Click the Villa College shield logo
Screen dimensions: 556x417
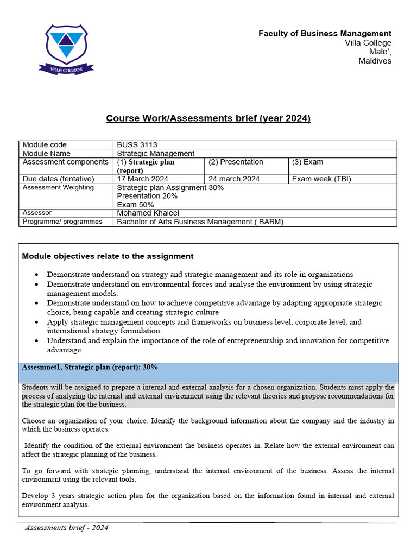pos(66,48)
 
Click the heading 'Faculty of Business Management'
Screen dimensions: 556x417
pos(325,34)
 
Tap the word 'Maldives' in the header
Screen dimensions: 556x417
pos(375,61)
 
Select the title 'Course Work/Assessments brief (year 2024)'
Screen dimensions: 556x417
pos(208,118)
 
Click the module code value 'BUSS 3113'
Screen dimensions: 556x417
pos(137,144)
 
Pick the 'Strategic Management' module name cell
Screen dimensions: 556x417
pos(155,153)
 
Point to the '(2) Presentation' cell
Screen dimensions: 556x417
pos(236,162)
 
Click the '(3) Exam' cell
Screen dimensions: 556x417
pos(307,162)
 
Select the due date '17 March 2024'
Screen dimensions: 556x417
pos(143,179)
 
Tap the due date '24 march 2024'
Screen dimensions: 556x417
pos(234,179)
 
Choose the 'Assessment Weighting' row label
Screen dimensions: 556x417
pos(58,187)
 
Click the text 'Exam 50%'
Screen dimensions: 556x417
pos(135,205)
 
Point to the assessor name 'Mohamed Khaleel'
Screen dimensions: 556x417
pos(148,213)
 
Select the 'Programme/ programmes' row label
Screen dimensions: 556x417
pos(62,222)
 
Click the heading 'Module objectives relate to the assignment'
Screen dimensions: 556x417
pos(108,256)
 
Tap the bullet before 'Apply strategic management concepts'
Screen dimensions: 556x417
pos(36,323)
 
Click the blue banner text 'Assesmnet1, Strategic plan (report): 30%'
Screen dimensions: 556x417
pos(90,367)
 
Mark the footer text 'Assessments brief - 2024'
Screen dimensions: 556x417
pos(67,528)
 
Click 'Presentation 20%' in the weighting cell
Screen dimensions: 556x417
pos(147,196)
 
